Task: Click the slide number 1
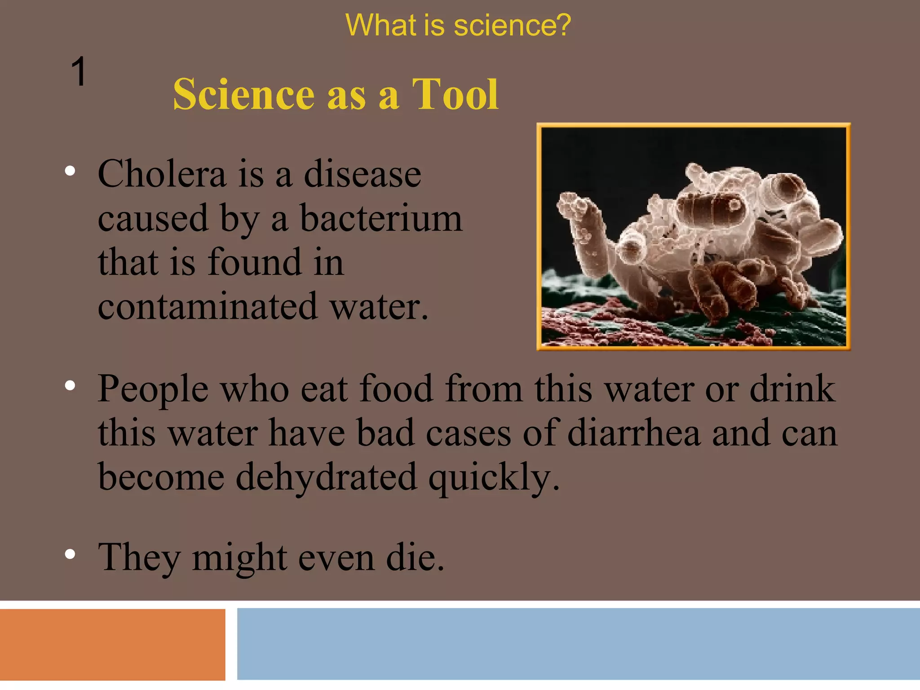click(79, 72)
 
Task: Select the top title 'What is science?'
click(458, 25)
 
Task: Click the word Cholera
click(162, 174)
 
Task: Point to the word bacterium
click(381, 219)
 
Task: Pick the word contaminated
click(208, 306)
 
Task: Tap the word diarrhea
click(634, 433)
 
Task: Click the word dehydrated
click(326, 477)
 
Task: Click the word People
click(153, 389)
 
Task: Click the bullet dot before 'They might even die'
click(70, 554)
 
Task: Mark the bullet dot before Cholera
click(70, 171)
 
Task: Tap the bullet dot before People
click(70, 386)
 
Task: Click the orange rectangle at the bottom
click(112, 644)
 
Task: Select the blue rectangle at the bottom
click(578, 643)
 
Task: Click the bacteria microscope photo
click(693, 237)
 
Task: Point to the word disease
click(363, 174)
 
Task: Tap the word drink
click(792, 389)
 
